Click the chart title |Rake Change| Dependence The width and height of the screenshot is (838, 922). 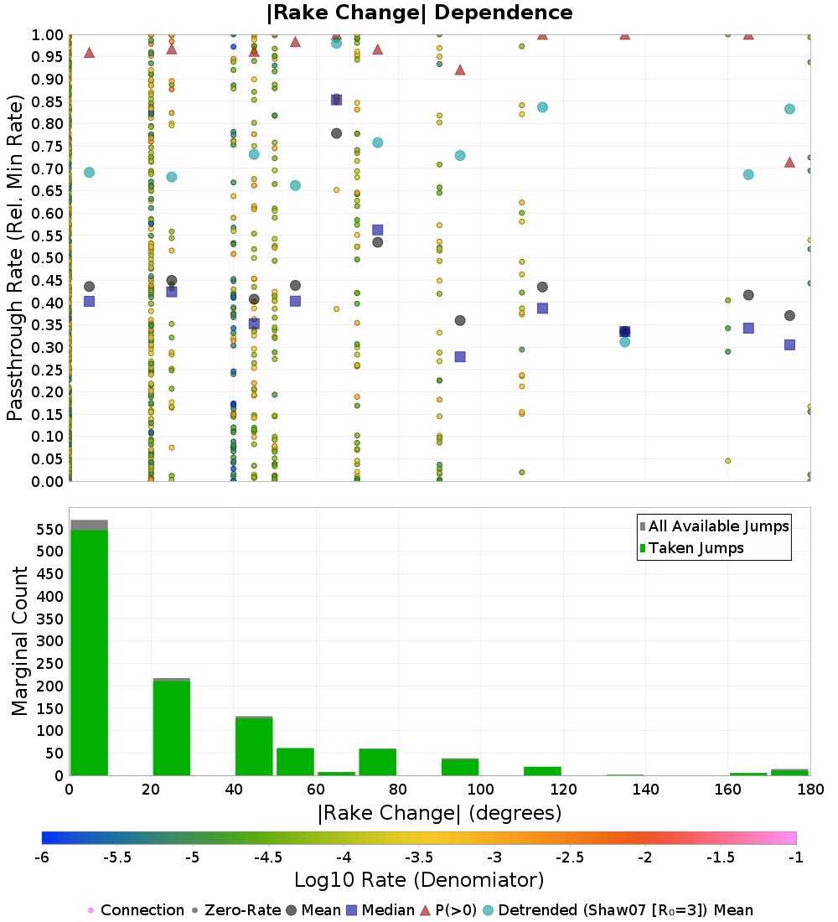pos(419,13)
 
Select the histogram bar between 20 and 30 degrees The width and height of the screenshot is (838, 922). pos(172,728)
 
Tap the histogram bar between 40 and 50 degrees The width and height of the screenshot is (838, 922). pos(254,747)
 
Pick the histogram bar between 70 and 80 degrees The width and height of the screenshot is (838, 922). pos(378,762)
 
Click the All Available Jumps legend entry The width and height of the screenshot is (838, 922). pos(714,526)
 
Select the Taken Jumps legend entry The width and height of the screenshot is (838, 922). pos(691,548)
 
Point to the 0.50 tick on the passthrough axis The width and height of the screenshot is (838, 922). pos(47,258)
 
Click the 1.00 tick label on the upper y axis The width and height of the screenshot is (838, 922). pos(47,35)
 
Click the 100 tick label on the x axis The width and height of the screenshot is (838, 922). pos(480,789)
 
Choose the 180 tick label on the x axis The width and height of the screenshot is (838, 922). pos(811,789)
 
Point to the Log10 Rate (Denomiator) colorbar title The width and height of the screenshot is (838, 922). pos(419,879)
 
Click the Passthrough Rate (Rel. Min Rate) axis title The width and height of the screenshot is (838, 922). pos(15,257)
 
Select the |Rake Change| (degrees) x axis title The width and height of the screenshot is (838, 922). pos(440,813)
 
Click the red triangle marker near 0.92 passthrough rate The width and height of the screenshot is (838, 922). pos(460,70)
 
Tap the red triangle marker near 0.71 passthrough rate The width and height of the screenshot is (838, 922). pos(789,163)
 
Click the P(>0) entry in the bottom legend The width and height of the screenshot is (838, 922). pos(449,910)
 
